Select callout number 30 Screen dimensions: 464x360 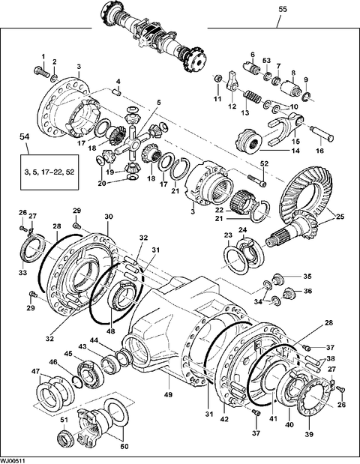(109, 217)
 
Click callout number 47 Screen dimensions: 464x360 (35, 373)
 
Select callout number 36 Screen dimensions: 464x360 (307, 291)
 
